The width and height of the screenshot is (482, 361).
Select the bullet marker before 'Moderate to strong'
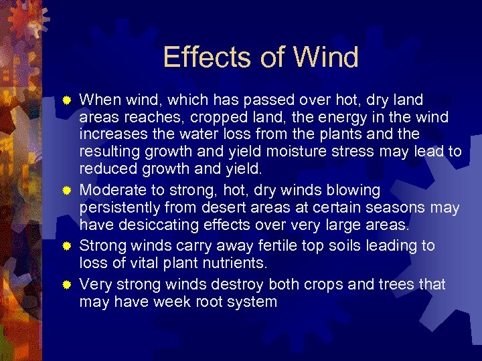pyautogui.click(x=67, y=192)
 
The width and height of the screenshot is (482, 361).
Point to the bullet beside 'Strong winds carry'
pyautogui.click(x=67, y=247)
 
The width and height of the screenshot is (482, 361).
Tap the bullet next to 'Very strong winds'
pyautogui.click(x=67, y=285)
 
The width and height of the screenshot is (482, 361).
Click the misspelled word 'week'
pyautogui.click(x=170, y=302)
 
